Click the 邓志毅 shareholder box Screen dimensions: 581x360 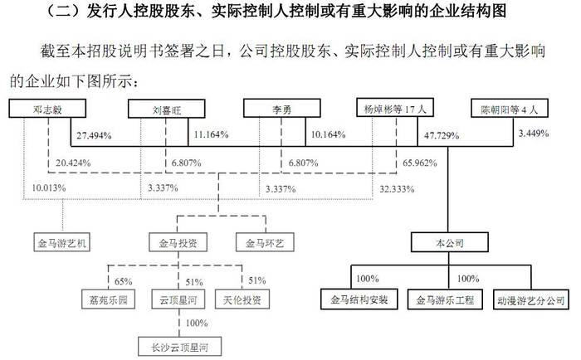pos(47,109)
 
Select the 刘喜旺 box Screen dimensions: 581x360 pos(166,109)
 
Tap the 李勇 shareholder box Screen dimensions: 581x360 pos(282,109)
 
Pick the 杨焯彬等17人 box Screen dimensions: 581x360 pos(395,108)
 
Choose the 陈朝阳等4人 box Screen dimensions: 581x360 pos(510,108)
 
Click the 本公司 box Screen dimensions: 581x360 pos(450,242)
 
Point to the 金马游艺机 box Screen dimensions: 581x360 pos(62,242)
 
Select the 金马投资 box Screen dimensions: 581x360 pos(178,242)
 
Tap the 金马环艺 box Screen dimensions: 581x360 pos(265,242)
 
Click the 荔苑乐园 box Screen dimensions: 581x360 pos(108,299)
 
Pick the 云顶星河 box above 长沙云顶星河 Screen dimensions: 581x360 pos(178,299)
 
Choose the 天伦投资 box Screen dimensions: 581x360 pos(242,299)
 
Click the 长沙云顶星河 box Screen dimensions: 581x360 pos(180,347)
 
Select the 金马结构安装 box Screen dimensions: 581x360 pos(359,299)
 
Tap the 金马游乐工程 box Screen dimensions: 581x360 pos(445,299)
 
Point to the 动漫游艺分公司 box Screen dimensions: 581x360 pos(531,299)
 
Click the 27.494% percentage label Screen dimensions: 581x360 pos(94,135)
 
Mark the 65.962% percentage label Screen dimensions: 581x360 pos(420,163)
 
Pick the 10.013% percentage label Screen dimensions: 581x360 pos(48,188)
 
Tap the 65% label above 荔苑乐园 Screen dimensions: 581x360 pos(124,281)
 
